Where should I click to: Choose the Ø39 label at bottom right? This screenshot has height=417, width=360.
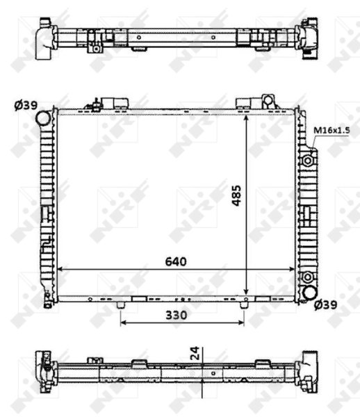(x=327, y=304)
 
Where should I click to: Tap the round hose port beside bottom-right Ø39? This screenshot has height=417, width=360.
(x=306, y=294)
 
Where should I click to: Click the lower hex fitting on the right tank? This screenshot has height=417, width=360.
(x=307, y=279)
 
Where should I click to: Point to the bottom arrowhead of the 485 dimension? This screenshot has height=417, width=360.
(x=247, y=293)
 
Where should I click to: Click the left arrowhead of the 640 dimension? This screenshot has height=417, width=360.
(x=59, y=269)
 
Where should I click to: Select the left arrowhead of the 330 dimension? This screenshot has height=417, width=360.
(x=123, y=322)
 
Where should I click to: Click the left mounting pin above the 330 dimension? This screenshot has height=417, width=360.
(x=121, y=305)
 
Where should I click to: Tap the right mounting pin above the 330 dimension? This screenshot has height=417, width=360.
(x=243, y=305)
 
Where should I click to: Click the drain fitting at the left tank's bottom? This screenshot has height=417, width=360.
(x=47, y=301)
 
